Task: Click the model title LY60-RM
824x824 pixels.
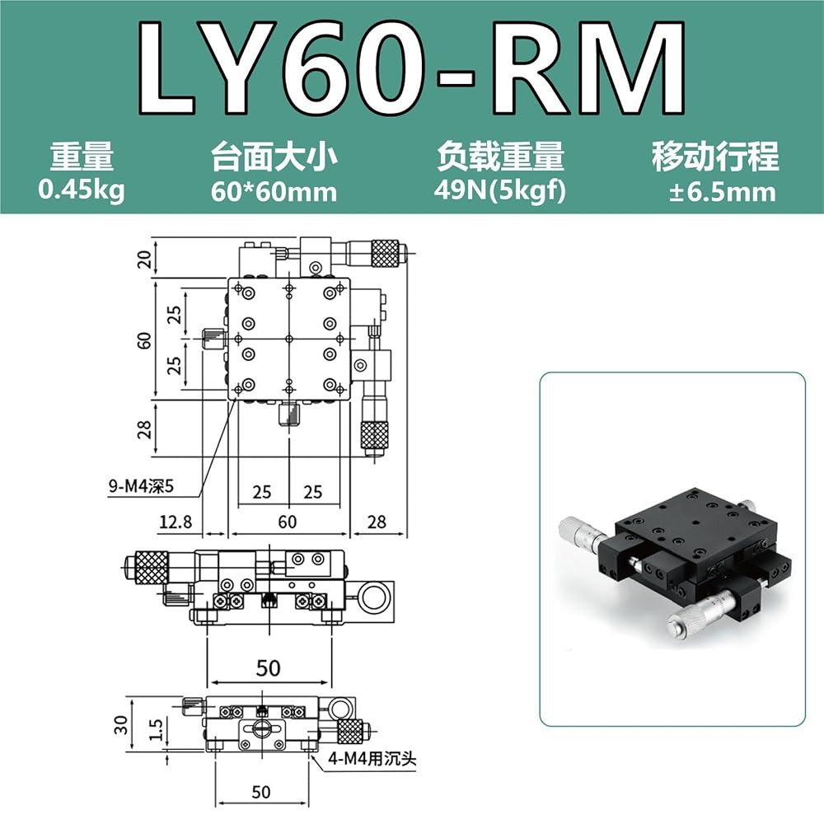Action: (411, 68)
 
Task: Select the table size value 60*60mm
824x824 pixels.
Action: (274, 191)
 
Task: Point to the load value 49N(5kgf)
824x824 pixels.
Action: (500, 190)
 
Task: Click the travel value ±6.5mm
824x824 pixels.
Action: (722, 192)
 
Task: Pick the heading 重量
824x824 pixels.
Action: (82, 157)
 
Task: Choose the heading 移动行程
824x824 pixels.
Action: (715, 157)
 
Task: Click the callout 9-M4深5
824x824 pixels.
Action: (141, 486)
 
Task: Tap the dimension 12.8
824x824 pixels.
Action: (176, 522)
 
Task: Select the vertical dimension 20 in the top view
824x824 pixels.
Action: (144, 259)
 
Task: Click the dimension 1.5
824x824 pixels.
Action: (157, 730)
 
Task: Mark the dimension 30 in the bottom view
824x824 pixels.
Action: (121, 724)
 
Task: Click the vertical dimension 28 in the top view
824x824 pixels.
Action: (144, 428)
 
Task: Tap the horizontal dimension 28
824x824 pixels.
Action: (377, 522)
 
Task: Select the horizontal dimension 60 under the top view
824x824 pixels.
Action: (287, 522)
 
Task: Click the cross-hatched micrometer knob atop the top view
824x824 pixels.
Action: (385, 253)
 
